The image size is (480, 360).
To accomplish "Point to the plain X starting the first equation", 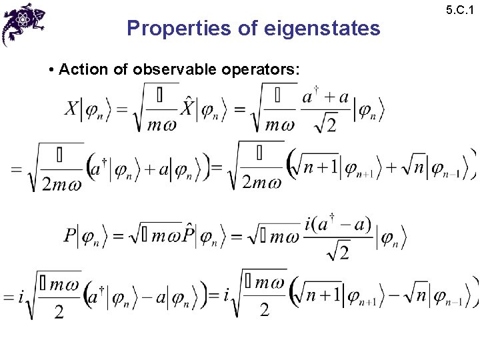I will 72,108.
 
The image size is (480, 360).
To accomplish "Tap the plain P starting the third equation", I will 71,235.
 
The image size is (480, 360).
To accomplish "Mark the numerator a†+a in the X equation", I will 325,97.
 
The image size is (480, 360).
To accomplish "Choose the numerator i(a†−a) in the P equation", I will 338,224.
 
